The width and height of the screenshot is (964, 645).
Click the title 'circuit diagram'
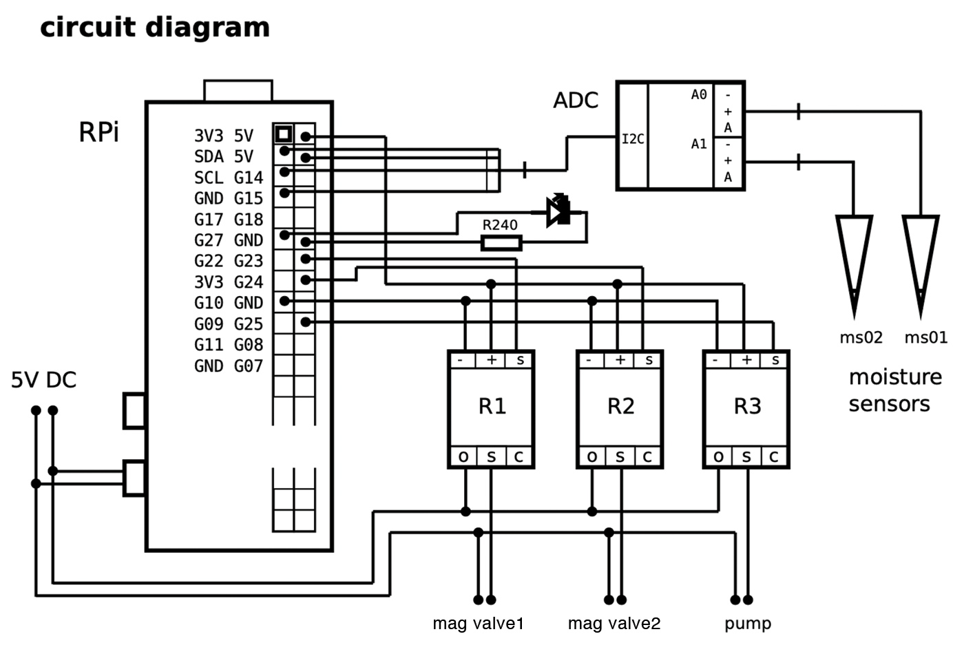pos(155,28)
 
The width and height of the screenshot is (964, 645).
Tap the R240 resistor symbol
pos(501,243)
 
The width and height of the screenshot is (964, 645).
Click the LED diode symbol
pos(558,211)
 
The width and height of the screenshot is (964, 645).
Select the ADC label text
pos(576,101)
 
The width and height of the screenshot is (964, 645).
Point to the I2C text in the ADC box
pos(633,139)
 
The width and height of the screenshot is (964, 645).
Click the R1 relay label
pos(492,406)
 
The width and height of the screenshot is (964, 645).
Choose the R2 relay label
pos(620,406)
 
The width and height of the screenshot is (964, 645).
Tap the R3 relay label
pos(747,406)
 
